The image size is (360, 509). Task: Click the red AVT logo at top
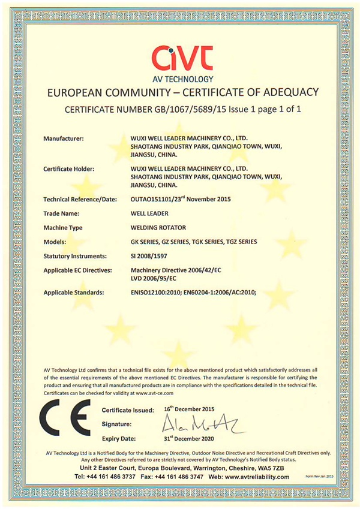[179, 57]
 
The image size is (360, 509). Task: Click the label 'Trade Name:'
[64, 213]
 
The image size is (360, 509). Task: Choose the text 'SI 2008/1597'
[149, 256]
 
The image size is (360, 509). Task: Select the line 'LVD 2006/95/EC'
[154, 279]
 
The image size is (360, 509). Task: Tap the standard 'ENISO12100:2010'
[157, 293]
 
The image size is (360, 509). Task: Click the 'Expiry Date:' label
[119, 439]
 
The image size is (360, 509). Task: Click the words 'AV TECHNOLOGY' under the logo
[179, 79]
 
